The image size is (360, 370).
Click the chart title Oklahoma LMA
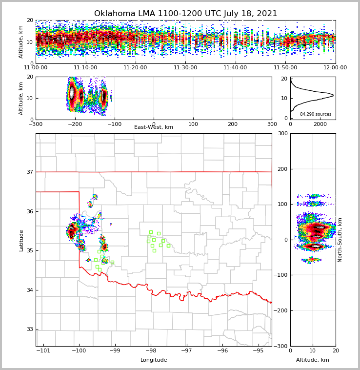tap(185, 14)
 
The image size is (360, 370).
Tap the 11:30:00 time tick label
tap(185, 68)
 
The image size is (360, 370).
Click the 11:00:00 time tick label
tap(36, 68)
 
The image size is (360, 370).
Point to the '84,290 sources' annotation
tap(316, 114)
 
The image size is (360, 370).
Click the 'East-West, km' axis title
tap(154, 127)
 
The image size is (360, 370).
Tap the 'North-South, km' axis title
tap(340, 240)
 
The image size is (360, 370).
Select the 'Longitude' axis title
tap(154, 360)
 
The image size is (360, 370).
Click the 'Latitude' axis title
tap(21, 240)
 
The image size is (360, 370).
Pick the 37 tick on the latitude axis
tap(30, 172)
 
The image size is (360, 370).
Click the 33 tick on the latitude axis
tap(30, 329)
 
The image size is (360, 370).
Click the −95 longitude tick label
tap(258, 351)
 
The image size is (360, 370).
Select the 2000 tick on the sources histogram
tap(320, 124)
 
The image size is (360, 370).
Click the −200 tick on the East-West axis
tap(75, 124)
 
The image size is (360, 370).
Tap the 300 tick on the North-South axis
tap(283, 133)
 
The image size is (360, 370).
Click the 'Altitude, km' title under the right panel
tap(313, 360)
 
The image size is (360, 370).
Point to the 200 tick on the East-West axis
tap(233, 124)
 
